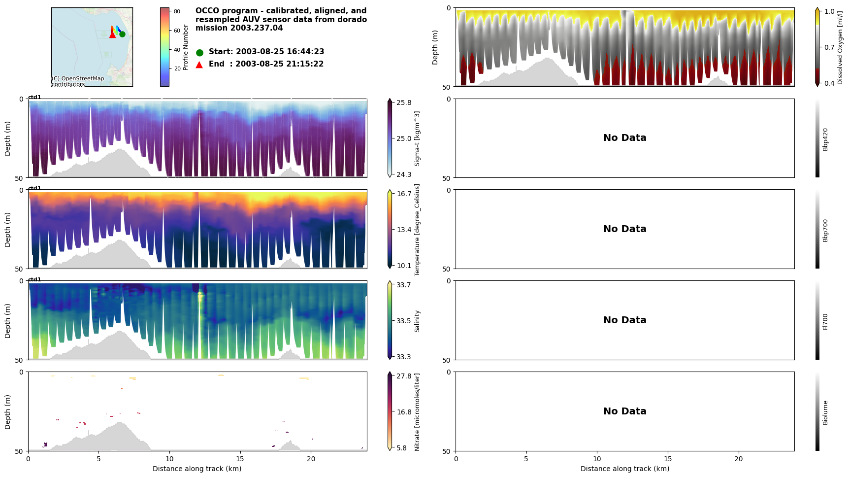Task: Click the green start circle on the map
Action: point(122,34)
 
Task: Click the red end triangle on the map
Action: point(112,34)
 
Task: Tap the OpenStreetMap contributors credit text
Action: point(78,81)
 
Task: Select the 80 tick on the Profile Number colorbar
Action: point(177,11)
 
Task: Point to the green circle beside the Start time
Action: point(199,52)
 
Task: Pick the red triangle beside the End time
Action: point(199,65)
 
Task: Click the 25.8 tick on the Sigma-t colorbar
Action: point(403,102)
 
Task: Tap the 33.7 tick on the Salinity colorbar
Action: point(403,285)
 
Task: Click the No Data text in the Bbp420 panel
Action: point(624,138)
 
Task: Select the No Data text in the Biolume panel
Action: point(624,411)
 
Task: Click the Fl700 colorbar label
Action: point(825,321)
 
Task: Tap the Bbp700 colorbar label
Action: point(825,230)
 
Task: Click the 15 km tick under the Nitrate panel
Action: point(240,459)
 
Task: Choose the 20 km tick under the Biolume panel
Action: point(738,459)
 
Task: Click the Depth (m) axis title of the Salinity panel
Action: point(8,320)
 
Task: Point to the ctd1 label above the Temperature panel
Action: point(34,188)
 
